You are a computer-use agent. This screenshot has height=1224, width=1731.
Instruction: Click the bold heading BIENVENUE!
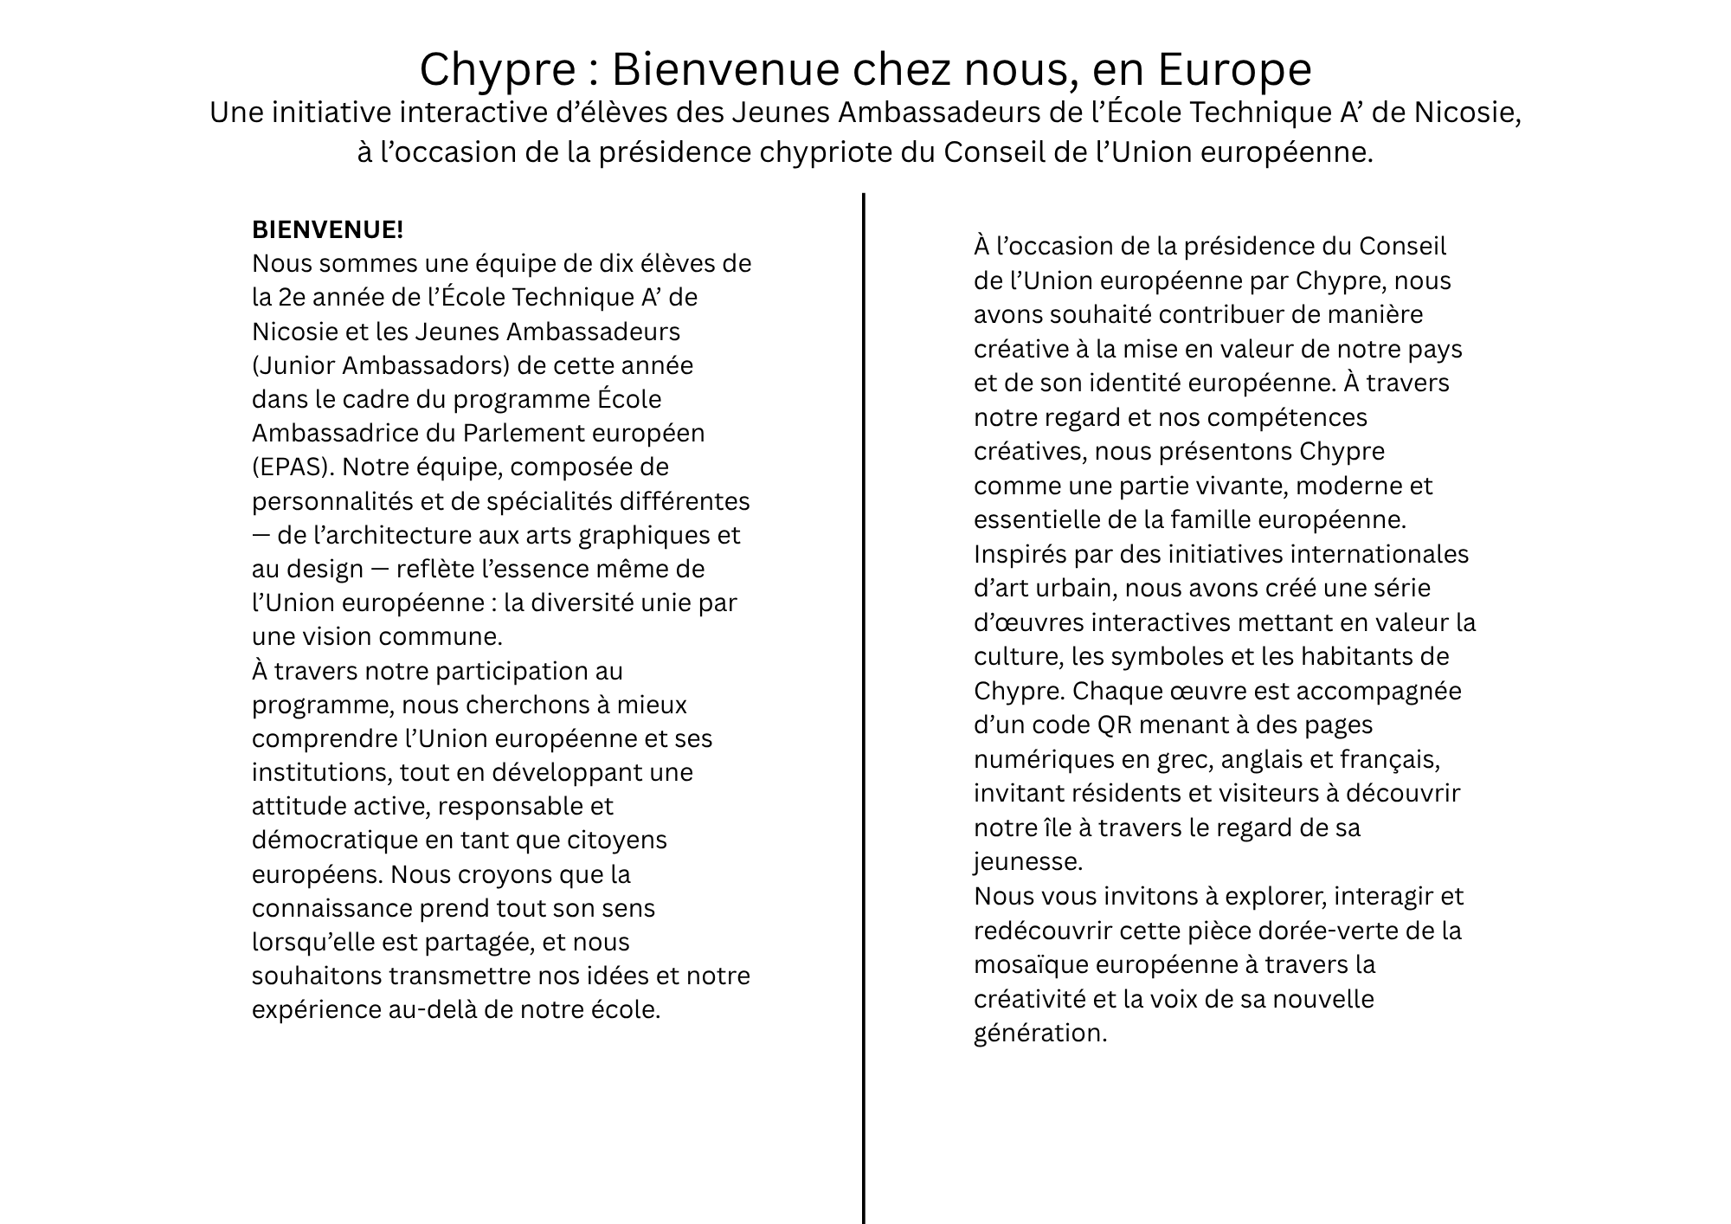click(x=327, y=230)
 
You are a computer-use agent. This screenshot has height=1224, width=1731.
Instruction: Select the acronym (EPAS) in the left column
click(x=293, y=467)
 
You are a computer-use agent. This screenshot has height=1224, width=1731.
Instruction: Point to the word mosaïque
click(x=1030, y=965)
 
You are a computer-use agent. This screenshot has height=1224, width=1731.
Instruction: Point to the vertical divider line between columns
click(x=864, y=693)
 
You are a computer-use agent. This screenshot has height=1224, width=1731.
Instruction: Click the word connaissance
click(x=332, y=909)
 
